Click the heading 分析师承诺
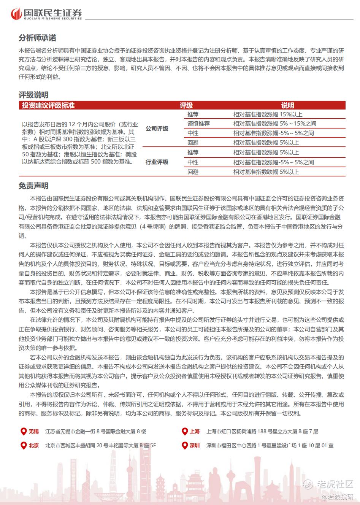pyautogui.click(x=37, y=38)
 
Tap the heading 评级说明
pyautogui.click(x=33, y=95)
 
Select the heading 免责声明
pyautogui.click(x=33, y=186)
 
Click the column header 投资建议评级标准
pyautogui.click(x=48, y=105)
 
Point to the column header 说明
pyautogui.click(x=288, y=105)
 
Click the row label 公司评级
pyautogui.click(x=157, y=129)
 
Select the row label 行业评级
pyautogui.click(x=157, y=162)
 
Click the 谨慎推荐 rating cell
pyautogui.click(x=198, y=124)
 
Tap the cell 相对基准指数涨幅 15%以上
pyautogui.click(x=268, y=114)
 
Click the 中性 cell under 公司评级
pyautogui.click(x=193, y=133)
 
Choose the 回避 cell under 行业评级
pyautogui.click(x=193, y=172)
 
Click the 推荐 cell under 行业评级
pyautogui.click(x=193, y=152)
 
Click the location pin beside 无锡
pyautogui.click(x=23, y=431)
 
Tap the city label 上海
pyautogui.click(x=195, y=431)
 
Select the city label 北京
pyautogui.click(x=34, y=445)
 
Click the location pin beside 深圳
pyautogui.click(x=184, y=445)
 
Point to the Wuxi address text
pyautogui.click(x=95, y=431)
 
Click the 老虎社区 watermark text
pyautogui.click(x=335, y=484)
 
